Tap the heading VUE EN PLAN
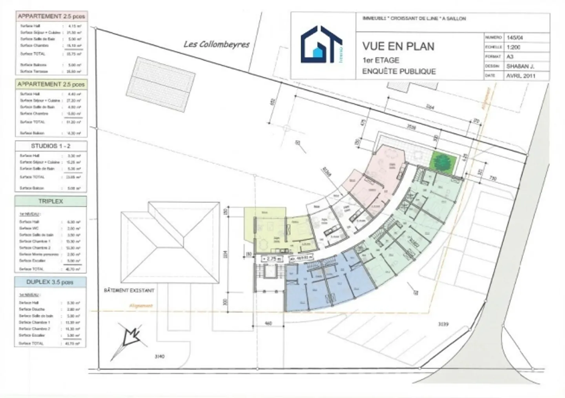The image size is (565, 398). coord(398,46)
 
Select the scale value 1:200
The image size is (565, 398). coord(514,47)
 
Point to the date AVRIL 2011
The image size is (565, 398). coord(521,76)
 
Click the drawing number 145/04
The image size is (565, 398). coord(515,38)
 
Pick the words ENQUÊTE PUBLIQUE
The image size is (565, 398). coord(399,71)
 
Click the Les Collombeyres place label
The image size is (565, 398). coord(217,44)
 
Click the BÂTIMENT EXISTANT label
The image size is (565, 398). coord(129,291)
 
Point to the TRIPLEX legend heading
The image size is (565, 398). coord(51,201)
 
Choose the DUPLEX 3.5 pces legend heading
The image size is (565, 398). coord(50,282)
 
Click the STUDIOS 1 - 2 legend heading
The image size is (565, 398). coord(51,146)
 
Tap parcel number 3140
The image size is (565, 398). coord(160,356)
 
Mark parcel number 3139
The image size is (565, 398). coord(443,324)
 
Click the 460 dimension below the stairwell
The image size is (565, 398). coord(268,324)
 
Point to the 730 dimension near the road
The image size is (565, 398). coord(493,179)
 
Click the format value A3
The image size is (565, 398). coord(510,57)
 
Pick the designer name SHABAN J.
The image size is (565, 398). coord(520,66)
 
